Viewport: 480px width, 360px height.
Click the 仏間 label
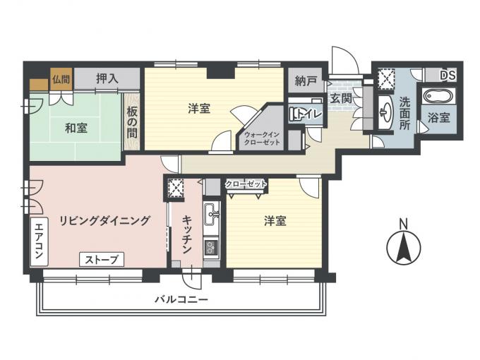click(61, 80)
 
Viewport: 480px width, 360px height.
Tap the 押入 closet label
click(107, 78)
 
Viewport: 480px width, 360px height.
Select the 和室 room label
click(76, 128)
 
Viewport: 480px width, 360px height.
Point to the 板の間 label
click(132, 122)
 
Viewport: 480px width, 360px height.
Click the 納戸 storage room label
click(306, 80)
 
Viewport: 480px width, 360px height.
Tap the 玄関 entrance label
click(340, 99)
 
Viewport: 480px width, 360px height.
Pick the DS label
click(448, 76)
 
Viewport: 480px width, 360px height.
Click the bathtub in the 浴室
click(438, 96)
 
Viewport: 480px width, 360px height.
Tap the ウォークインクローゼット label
click(262, 138)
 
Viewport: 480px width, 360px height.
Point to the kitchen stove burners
click(211, 247)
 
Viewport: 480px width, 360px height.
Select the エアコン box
click(40, 241)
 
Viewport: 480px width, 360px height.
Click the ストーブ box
click(102, 260)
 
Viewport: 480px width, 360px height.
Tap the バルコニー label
click(181, 299)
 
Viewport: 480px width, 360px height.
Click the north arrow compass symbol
click(404, 248)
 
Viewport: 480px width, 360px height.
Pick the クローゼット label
click(246, 184)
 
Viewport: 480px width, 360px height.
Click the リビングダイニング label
click(104, 220)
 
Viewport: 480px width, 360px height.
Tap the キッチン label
click(187, 235)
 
